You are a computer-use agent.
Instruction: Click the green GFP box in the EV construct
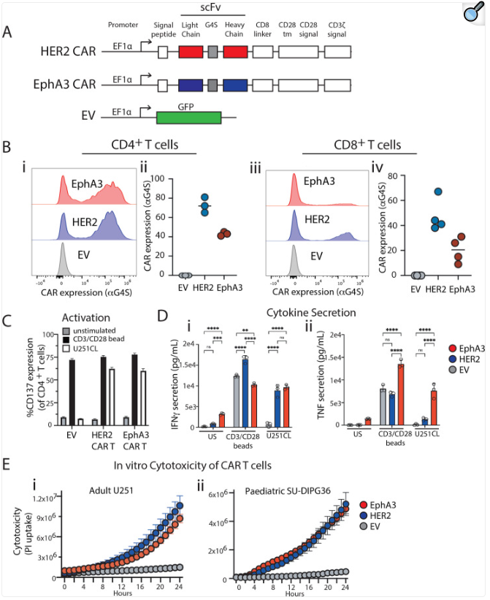click(x=188, y=117)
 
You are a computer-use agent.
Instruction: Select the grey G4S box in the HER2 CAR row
click(x=213, y=53)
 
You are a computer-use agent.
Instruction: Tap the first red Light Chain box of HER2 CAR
click(x=191, y=53)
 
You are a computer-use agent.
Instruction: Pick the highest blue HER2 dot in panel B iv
click(x=437, y=192)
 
